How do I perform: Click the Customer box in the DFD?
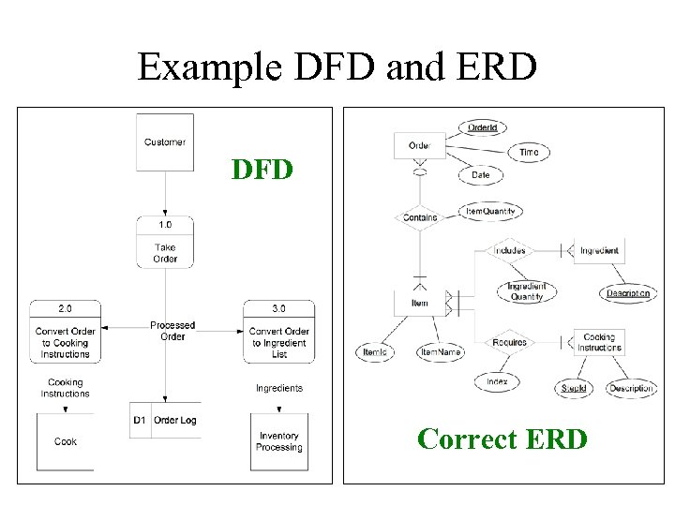(x=165, y=142)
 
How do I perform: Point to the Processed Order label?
(x=172, y=331)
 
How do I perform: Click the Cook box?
(x=66, y=441)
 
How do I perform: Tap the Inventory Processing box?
(x=279, y=441)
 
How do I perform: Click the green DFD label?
(x=262, y=170)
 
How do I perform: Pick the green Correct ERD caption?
(x=502, y=439)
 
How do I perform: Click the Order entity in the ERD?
(x=420, y=145)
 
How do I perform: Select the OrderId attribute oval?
(x=483, y=127)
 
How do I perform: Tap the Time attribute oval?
(x=529, y=152)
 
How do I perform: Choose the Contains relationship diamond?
(x=419, y=217)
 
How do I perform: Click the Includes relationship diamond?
(x=510, y=250)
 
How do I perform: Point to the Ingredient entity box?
(x=598, y=250)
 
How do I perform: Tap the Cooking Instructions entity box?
(x=598, y=342)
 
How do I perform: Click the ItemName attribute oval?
(x=441, y=352)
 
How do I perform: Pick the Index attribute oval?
(x=497, y=381)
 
